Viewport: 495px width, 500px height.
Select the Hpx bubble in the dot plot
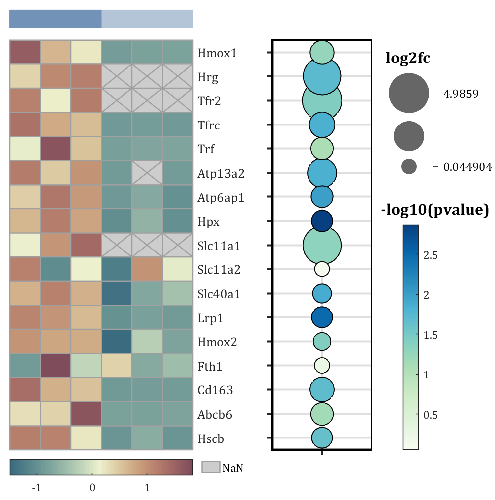point(322,221)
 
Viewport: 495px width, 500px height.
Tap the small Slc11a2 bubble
point(322,269)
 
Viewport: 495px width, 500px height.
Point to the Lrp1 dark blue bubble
point(322,317)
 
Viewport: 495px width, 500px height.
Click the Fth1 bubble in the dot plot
point(322,366)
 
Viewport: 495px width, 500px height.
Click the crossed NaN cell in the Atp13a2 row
point(147,173)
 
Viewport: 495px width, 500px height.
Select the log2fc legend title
point(408,59)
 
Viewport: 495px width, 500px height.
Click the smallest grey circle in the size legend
point(409,166)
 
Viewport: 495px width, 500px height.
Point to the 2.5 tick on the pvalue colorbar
point(430,255)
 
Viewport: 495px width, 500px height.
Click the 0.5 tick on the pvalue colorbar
point(430,415)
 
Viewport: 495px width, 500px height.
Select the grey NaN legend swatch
point(211,467)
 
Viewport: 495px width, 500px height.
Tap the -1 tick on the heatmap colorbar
point(36,487)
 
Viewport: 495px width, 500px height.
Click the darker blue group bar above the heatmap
point(55,19)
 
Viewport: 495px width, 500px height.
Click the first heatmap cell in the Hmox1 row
point(25,52)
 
